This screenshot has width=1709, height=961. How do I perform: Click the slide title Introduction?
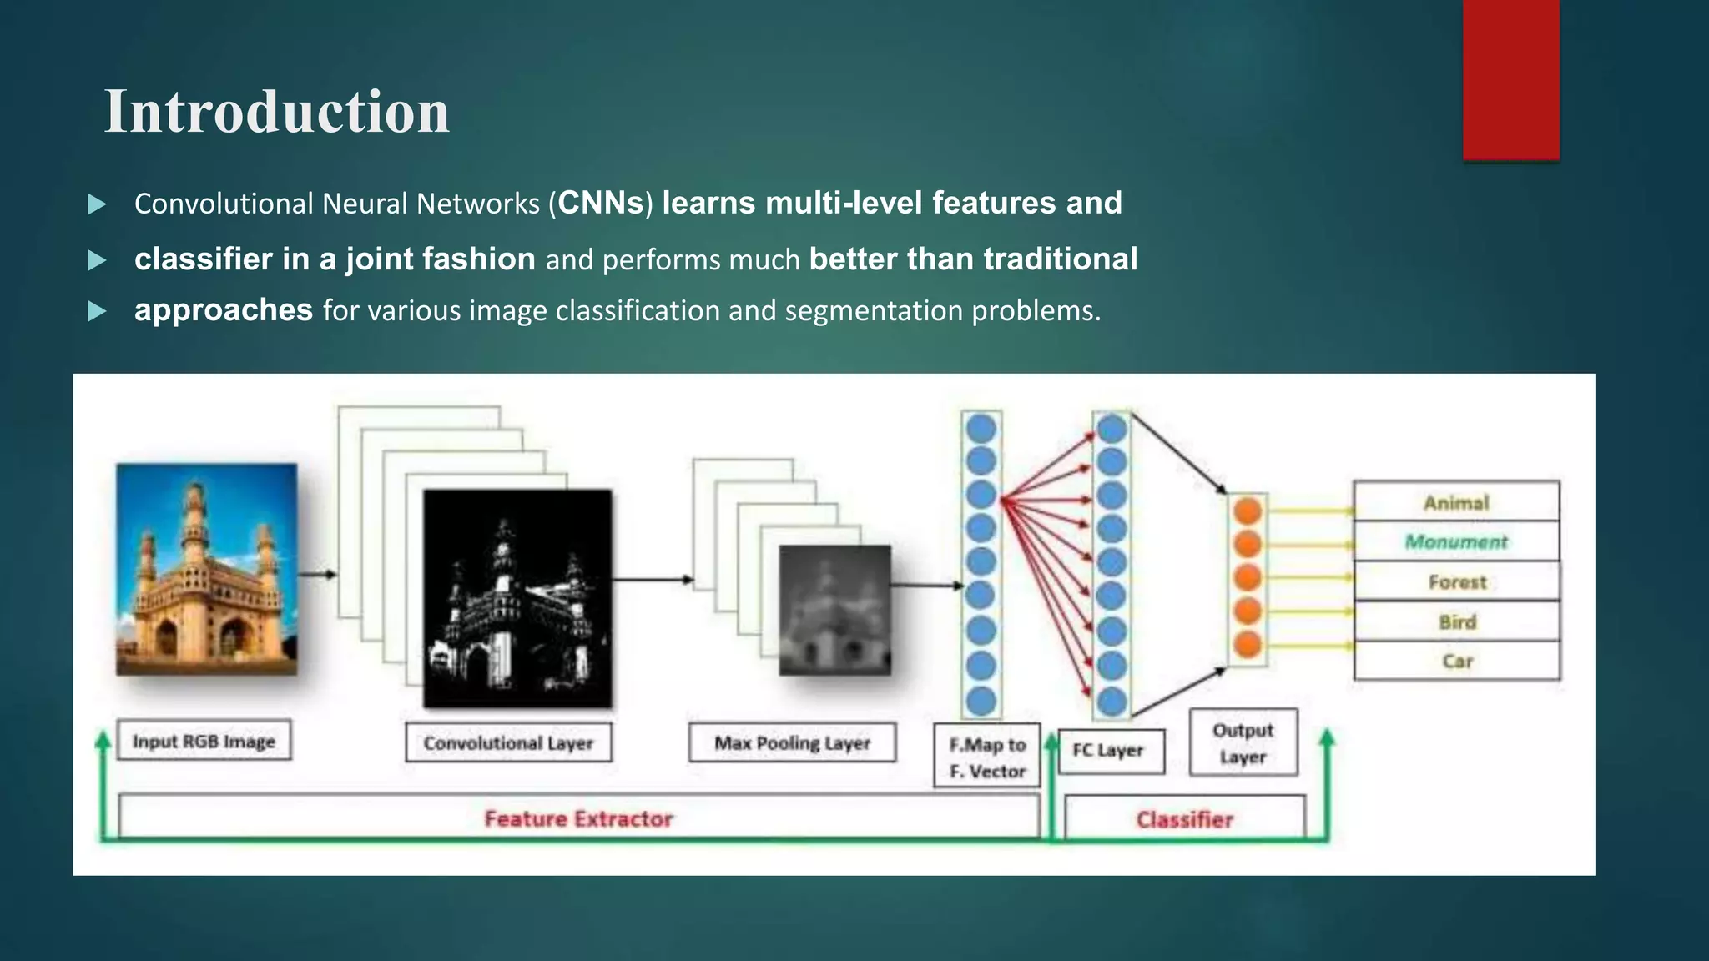[x=276, y=112]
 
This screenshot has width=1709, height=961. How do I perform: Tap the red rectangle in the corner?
[x=1510, y=79]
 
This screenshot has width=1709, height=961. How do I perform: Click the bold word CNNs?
[x=601, y=204]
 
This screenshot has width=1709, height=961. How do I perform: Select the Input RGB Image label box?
[x=204, y=741]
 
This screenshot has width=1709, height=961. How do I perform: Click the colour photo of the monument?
[x=206, y=569]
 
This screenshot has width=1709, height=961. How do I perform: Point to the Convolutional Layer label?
[x=508, y=742]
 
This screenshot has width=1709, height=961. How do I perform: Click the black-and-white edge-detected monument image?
[x=517, y=599]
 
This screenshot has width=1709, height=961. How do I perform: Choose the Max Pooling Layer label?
[x=792, y=742]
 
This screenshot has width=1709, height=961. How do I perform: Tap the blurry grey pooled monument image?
[x=834, y=610]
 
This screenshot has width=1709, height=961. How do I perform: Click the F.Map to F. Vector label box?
[x=987, y=757]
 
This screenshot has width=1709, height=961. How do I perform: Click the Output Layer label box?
[x=1243, y=742]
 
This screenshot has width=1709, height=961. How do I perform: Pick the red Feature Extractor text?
[x=578, y=818]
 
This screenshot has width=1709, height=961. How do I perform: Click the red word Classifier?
[x=1184, y=819]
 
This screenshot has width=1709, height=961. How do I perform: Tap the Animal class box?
[x=1456, y=502]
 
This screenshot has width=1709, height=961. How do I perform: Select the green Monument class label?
[x=1456, y=542]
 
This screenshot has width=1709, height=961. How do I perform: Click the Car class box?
[x=1456, y=662]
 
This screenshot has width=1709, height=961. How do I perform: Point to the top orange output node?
[x=1248, y=511]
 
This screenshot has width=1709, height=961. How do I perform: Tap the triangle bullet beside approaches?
[x=98, y=312]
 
